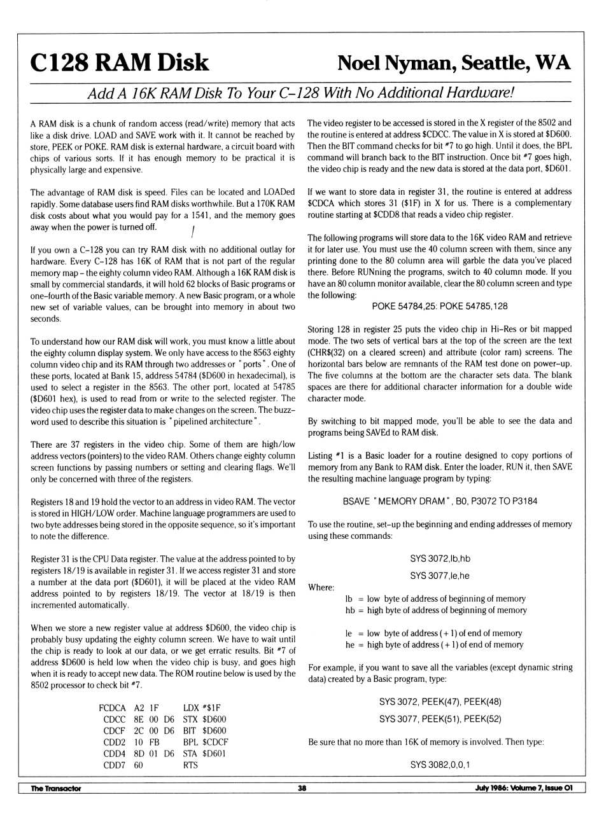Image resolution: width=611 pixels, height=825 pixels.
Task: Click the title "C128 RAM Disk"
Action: (x=120, y=63)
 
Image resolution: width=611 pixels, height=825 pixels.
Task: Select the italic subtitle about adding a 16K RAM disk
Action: (x=300, y=93)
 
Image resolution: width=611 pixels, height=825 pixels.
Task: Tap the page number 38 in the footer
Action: (x=302, y=788)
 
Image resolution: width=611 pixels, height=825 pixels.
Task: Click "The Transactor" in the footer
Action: (x=56, y=788)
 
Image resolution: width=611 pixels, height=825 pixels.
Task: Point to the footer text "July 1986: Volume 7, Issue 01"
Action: (x=524, y=788)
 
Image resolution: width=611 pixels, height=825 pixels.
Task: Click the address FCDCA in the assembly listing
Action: (x=113, y=708)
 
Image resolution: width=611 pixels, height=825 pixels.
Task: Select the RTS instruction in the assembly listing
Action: (x=190, y=765)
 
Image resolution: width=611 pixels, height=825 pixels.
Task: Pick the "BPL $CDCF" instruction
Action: (x=206, y=742)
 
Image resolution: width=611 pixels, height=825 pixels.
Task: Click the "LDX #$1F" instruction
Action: (x=202, y=708)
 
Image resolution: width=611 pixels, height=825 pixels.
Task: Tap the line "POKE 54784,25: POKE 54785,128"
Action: (x=440, y=306)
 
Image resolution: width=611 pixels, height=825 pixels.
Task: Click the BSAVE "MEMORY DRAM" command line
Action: (x=440, y=501)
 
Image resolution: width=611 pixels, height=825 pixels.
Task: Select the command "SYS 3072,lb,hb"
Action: (x=440, y=558)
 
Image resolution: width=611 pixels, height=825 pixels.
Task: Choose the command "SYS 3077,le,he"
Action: (x=440, y=576)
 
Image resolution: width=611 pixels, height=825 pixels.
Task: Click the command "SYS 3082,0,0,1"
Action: (x=440, y=765)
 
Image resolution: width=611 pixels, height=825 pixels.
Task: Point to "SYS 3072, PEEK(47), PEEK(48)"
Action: (x=440, y=702)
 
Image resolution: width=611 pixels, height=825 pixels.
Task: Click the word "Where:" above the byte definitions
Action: (x=321, y=587)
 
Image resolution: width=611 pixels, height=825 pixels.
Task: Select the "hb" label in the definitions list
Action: (x=350, y=610)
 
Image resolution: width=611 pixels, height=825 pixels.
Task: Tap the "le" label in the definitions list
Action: (x=349, y=633)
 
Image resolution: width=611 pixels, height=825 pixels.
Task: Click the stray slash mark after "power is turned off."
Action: (x=192, y=229)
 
